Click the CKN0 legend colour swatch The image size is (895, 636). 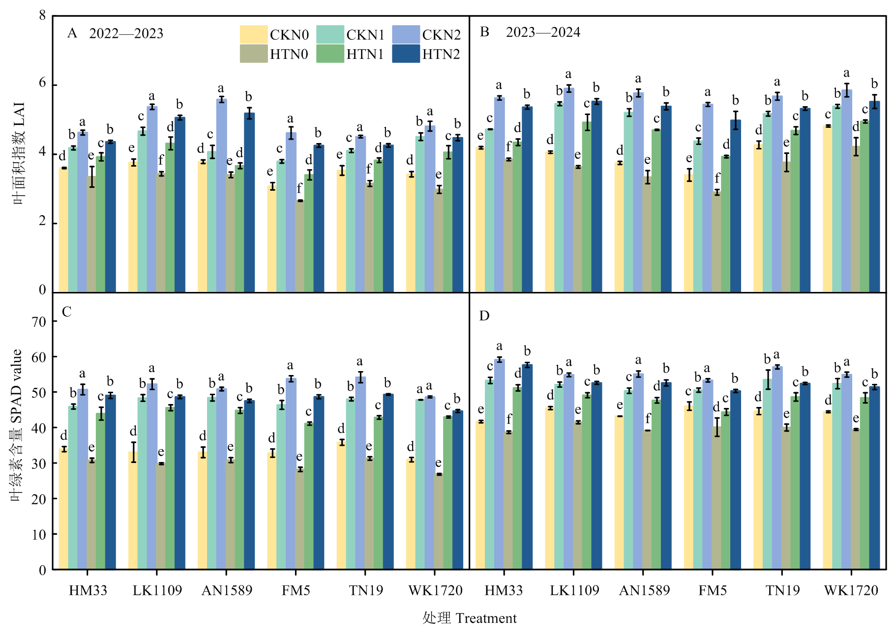pyautogui.click(x=254, y=35)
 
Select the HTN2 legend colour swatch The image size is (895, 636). pyautogui.click(x=406, y=54)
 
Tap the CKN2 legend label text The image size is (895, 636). pyautogui.click(x=441, y=35)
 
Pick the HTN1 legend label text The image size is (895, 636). pyautogui.click(x=364, y=54)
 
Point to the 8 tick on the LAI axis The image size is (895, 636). pyautogui.click(x=43, y=16)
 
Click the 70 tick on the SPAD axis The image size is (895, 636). pyautogui.click(x=39, y=322)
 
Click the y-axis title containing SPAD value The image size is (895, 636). pyautogui.click(x=17, y=425)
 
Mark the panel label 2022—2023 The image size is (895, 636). pyautogui.click(x=126, y=33)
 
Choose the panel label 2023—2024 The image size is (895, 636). pyautogui.click(x=543, y=32)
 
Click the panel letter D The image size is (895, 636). pyautogui.click(x=484, y=316)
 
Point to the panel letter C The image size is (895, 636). pyautogui.click(x=67, y=312)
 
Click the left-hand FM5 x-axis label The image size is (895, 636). pyautogui.click(x=296, y=590)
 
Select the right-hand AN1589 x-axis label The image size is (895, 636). pyautogui.click(x=644, y=590)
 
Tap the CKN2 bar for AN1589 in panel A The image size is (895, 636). pyautogui.click(x=221, y=197)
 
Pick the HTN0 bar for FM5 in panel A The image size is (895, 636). pyautogui.click(x=299, y=246)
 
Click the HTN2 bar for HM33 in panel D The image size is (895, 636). pyautogui.click(x=527, y=467)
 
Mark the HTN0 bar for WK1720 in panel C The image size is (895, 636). pyautogui.click(x=439, y=521)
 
